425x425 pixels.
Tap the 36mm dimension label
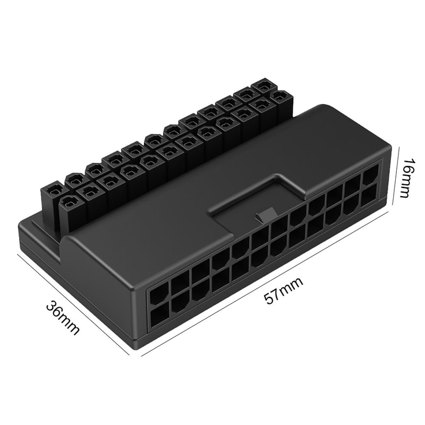63,318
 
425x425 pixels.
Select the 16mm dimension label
405,177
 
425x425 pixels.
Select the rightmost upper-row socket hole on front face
371,174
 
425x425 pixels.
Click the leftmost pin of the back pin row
54,190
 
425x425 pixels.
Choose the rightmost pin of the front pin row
281,97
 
